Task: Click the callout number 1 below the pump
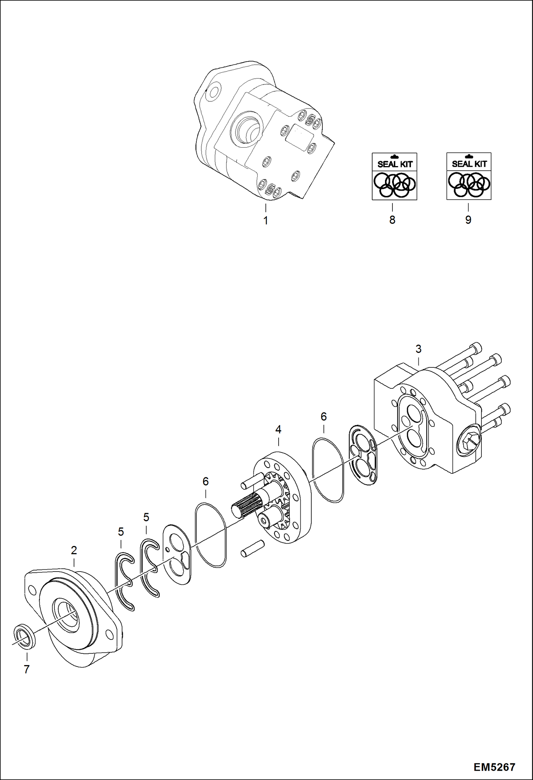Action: pos(265,221)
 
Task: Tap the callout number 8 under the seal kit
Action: pos(392,220)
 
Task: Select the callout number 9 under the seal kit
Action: pos(468,220)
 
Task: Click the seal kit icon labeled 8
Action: pos(394,176)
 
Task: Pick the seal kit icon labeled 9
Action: pos(469,176)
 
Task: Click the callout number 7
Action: pos(27,669)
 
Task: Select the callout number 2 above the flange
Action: pos(74,550)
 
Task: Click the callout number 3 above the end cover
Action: pos(418,349)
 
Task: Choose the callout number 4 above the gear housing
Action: pos(278,430)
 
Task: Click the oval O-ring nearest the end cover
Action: pos(328,470)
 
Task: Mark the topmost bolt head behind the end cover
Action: pos(475,346)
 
